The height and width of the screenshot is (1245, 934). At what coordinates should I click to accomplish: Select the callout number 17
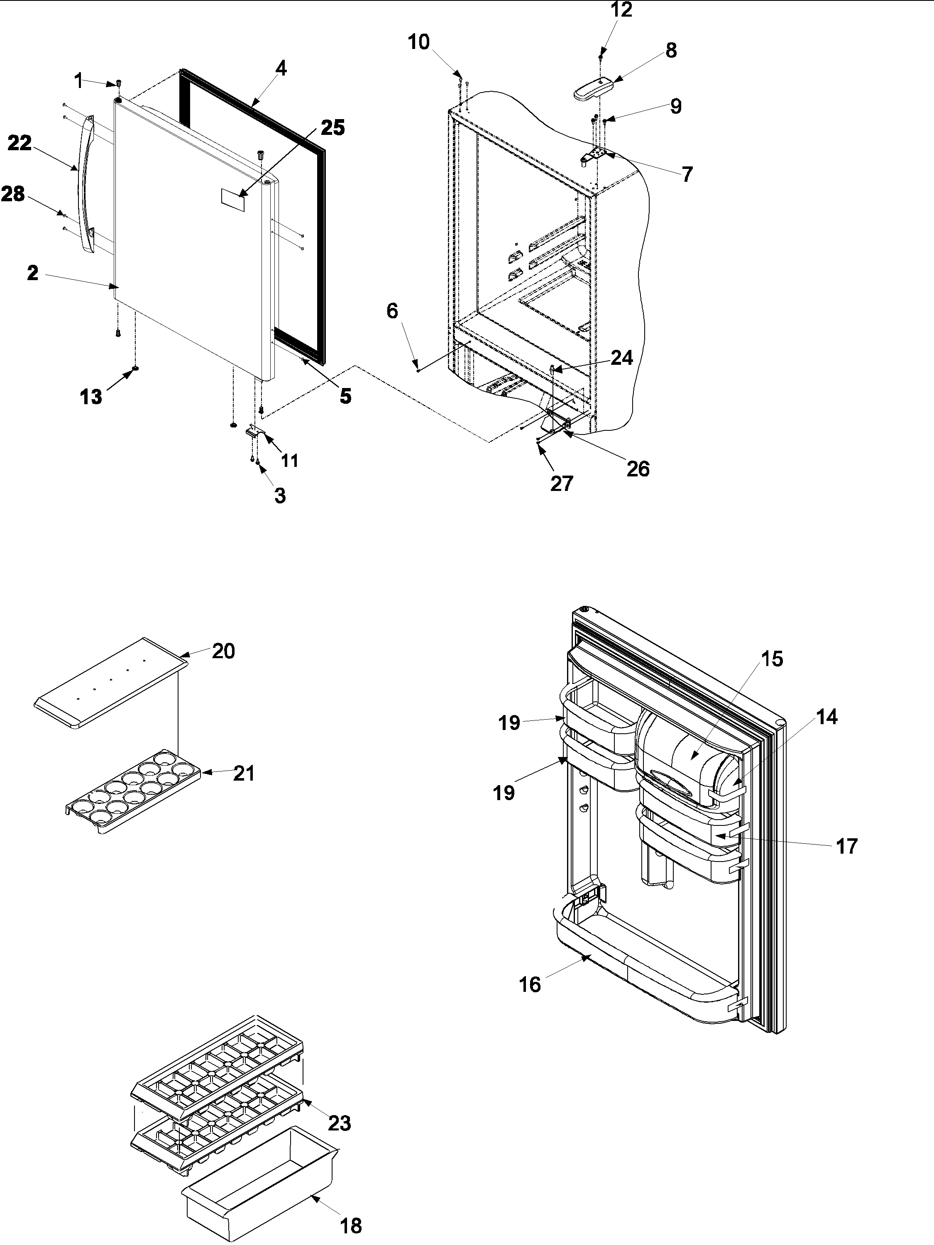tap(846, 862)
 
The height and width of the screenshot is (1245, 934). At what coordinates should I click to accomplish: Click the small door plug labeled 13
tap(135, 369)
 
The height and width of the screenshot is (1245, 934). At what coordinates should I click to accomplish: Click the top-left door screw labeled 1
tap(119, 84)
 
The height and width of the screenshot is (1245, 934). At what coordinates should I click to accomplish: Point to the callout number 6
tap(392, 311)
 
